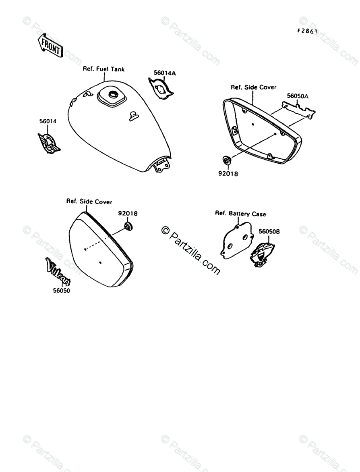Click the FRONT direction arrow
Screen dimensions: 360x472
point(49,46)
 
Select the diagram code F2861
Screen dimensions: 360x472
point(307,31)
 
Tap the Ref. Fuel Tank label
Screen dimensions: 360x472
point(103,69)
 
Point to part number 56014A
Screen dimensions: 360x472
point(165,73)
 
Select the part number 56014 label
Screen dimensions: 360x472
point(48,121)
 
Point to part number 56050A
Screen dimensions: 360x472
point(298,96)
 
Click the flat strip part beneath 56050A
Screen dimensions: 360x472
point(298,109)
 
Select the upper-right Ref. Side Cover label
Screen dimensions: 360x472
point(253,87)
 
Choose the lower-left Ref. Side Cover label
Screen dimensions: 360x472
point(89,201)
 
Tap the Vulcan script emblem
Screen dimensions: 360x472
point(58,271)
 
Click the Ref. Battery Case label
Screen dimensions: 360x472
point(240,213)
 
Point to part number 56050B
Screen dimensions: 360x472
point(269,231)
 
